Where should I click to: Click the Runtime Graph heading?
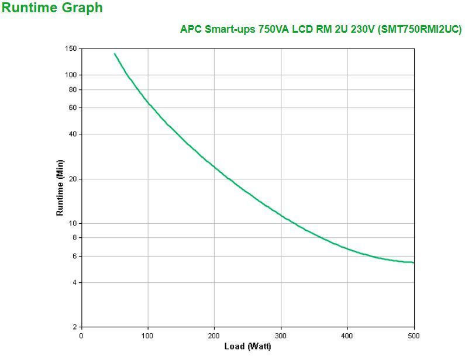coord(52,8)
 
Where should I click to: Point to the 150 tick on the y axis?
coord(71,49)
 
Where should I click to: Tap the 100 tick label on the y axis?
coord(71,75)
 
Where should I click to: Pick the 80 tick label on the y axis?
coord(73,89)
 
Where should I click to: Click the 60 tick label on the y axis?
coord(73,108)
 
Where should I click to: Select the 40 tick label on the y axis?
coord(73,134)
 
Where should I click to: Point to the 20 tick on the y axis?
coord(73,179)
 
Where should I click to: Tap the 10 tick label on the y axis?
coord(73,223)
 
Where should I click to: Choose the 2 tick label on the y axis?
coord(74,327)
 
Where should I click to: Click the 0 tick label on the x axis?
coord(81,335)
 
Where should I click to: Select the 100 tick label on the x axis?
coord(147,335)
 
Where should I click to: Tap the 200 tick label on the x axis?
coord(214,335)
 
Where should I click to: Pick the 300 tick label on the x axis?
coord(281,335)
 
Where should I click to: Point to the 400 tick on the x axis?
coord(347,335)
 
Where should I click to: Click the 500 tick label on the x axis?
coord(414,335)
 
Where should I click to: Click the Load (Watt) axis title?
coord(247,347)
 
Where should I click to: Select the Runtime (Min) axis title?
coord(60,187)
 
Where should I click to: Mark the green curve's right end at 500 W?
coord(414,262)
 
